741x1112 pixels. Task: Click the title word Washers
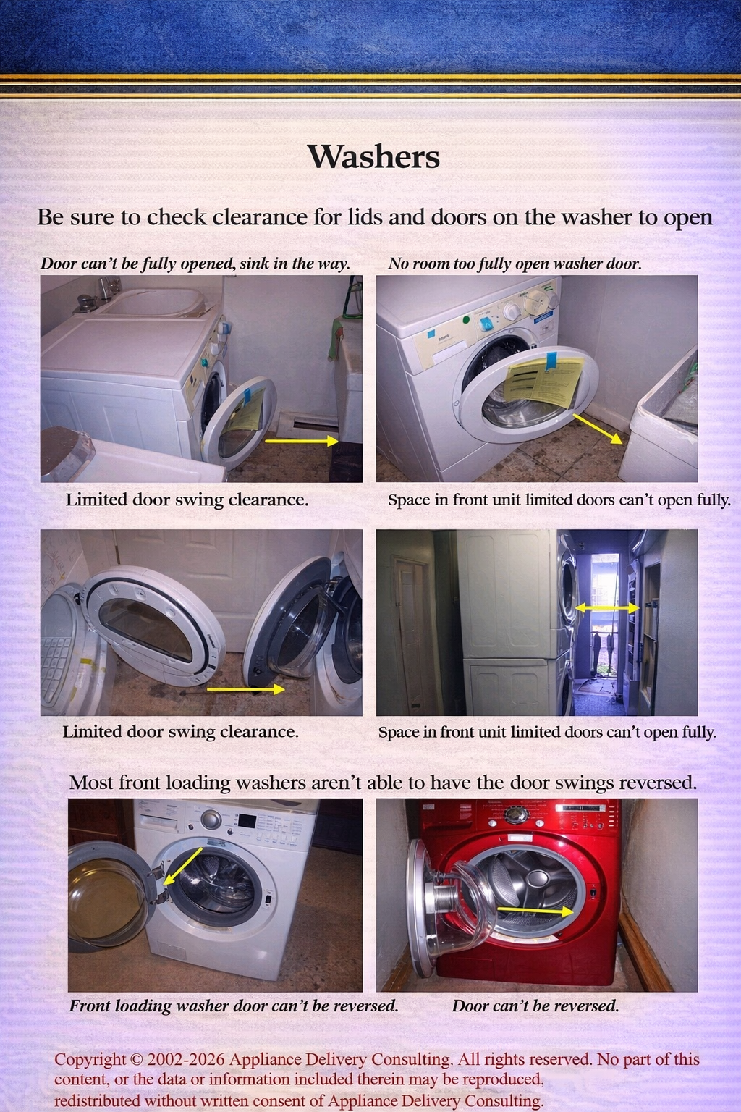coord(373,156)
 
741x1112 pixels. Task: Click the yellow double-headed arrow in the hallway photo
coord(606,609)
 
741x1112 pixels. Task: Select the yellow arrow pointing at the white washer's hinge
coord(182,866)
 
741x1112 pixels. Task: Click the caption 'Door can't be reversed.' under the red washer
coord(535,1006)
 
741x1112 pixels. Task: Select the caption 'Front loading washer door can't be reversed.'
coord(233,1006)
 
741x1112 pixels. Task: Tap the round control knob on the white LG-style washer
coord(211,820)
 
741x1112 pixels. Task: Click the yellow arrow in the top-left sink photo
coord(301,439)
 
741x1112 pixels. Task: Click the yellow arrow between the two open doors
coord(245,690)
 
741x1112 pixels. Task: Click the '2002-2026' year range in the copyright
coord(186,1059)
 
